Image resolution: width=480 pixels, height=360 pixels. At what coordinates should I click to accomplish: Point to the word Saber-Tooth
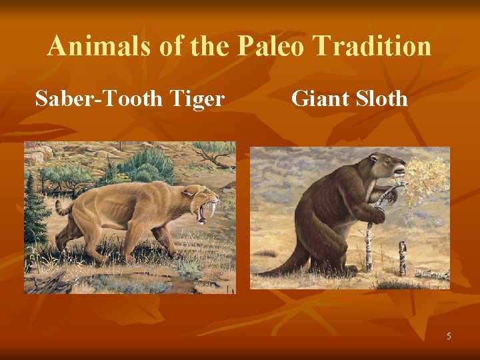pyautogui.click(x=96, y=99)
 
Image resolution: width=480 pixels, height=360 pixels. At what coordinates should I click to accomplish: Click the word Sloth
pyautogui.click(x=382, y=99)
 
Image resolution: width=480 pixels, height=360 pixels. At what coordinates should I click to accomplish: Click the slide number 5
pyautogui.click(x=449, y=336)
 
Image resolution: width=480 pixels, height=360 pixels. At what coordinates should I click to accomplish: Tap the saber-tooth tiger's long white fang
pyautogui.click(x=211, y=208)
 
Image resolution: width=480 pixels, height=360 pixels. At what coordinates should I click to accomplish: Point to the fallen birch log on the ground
pyautogui.click(x=431, y=274)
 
